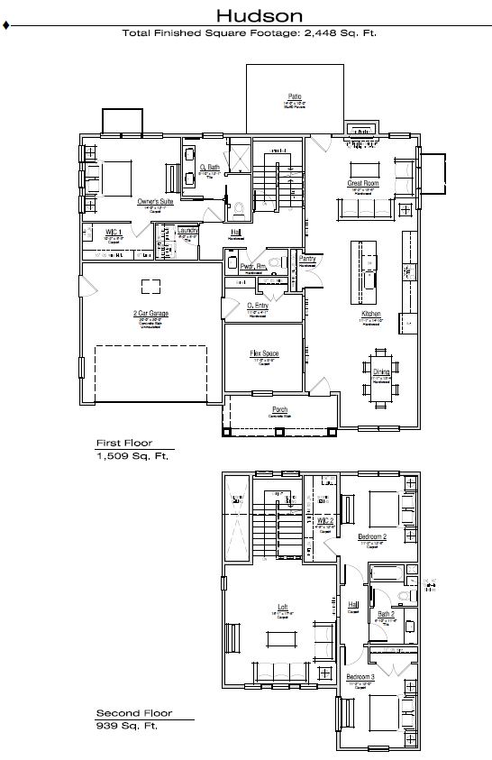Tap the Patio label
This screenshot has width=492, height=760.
(x=294, y=95)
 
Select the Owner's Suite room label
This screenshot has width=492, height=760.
(x=155, y=202)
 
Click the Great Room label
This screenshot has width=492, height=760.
(x=363, y=183)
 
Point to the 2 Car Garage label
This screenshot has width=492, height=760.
(x=151, y=314)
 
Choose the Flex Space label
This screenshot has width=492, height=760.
(x=264, y=353)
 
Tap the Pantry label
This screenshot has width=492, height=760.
(x=307, y=258)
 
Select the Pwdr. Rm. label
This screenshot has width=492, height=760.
(x=253, y=266)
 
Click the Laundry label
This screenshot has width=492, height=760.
(x=187, y=230)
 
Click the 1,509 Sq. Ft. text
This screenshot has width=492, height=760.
(x=132, y=456)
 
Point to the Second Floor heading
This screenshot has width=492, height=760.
(x=133, y=712)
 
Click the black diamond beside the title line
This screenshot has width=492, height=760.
(x=7, y=26)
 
